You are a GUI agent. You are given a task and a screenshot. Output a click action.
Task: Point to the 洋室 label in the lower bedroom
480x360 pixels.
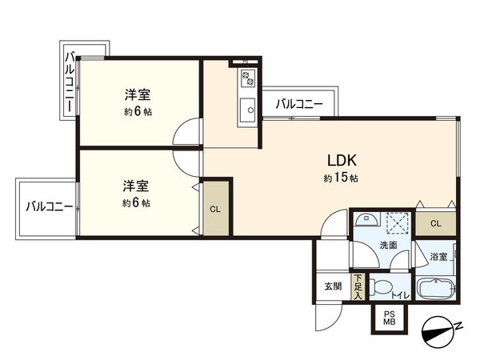click(x=135, y=186)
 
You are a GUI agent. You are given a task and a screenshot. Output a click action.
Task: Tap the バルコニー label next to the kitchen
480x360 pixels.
click(x=299, y=104)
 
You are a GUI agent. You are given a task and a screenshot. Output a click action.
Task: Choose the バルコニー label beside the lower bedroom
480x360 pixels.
click(x=49, y=206)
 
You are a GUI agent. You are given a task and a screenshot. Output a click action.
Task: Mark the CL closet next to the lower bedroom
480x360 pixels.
click(x=214, y=209)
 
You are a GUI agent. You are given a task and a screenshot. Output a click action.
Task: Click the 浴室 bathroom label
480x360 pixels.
click(x=438, y=256)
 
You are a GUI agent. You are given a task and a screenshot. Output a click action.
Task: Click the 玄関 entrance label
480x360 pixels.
click(x=334, y=286)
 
